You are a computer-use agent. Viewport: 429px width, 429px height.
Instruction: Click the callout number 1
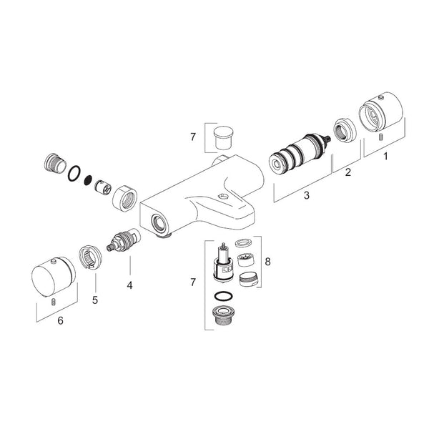click(386, 157)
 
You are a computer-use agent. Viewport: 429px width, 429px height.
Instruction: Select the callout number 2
click(347, 172)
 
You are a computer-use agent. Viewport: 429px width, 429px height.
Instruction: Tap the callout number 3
click(307, 195)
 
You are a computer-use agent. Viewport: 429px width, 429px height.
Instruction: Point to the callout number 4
click(129, 285)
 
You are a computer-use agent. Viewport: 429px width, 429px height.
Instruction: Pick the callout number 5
click(95, 300)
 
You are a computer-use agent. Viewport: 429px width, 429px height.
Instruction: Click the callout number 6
click(61, 320)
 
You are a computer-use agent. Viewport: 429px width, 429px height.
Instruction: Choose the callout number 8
click(267, 262)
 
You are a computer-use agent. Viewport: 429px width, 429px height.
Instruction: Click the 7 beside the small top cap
click(193, 137)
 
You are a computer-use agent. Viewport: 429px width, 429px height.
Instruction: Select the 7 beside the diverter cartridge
click(193, 282)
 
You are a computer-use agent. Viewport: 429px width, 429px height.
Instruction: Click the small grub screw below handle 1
click(380, 137)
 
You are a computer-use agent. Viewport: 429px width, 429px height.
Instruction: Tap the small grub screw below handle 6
click(54, 302)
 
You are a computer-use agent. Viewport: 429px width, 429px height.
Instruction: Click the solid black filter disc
click(89, 179)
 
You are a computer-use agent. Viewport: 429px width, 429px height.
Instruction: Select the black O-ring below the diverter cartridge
click(223, 297)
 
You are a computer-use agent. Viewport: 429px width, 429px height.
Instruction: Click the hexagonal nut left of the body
click(124, 199)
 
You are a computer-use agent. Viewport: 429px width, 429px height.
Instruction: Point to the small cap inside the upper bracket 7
click(222, 137)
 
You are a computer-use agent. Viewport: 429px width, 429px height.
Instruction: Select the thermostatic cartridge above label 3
click(299, 154)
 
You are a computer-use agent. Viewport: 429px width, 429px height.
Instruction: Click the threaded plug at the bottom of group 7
click(223, 315)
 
